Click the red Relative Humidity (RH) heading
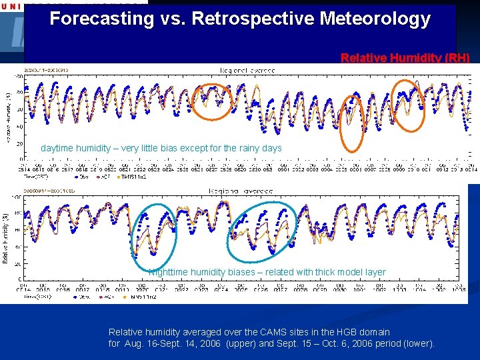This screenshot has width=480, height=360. (405, 58)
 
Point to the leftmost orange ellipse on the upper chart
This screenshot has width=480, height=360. (213, 101)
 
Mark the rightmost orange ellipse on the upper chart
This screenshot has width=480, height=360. (407, 104)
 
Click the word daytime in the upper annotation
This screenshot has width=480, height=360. (58, 148)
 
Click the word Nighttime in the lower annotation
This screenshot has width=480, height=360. (170, 272)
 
